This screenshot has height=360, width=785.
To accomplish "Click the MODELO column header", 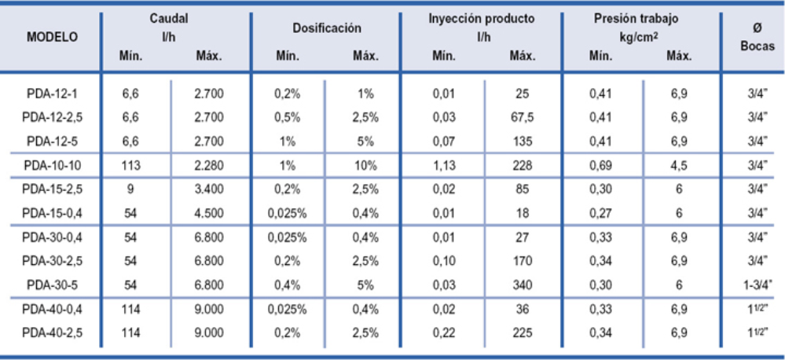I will click(x=52, y=37).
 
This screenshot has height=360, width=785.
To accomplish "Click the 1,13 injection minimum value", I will click(x=444, y=165).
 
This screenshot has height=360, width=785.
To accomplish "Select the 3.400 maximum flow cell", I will click(x=209, y=189).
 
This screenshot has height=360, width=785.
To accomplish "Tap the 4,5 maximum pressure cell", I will click(x=680, y=165).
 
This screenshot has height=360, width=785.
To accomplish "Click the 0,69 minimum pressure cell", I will click(x=601, y=165).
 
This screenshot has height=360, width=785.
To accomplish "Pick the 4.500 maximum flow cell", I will click(x=209, y=212).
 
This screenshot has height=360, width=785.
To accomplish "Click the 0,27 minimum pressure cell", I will click(x=601, y=212).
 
